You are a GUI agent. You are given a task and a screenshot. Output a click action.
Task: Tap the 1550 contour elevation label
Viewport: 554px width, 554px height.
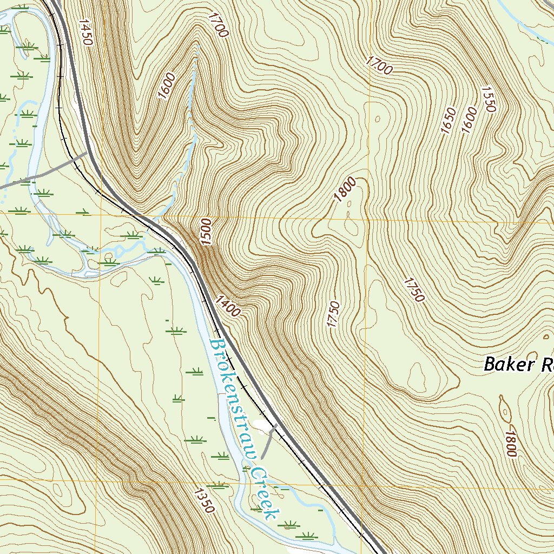[487, 99]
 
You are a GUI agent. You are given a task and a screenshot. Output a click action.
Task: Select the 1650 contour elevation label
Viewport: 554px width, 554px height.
[449, 120]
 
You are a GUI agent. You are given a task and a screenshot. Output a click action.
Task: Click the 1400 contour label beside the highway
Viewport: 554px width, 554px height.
[227, 306]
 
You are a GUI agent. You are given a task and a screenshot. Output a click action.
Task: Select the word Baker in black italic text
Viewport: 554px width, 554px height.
[507, 364]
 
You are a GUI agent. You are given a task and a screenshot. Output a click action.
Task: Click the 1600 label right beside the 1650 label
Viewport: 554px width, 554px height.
[470, 120]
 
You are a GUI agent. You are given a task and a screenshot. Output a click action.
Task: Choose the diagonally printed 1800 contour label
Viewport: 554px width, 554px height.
[345, 189]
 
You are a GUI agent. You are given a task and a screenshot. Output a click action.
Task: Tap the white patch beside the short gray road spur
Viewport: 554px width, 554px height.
[261, 427]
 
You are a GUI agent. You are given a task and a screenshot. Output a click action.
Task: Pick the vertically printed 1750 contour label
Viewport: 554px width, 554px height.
[333, 314]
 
